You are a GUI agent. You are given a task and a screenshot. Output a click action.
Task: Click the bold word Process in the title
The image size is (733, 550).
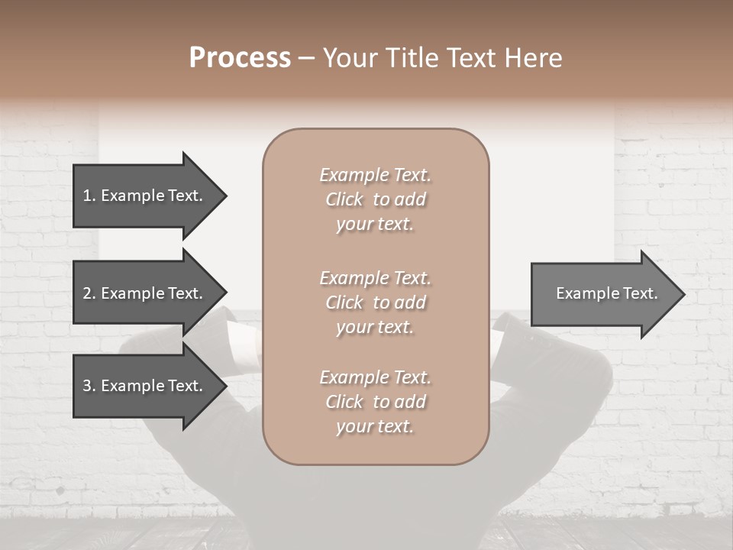pyautogui.click(x=240, y=58)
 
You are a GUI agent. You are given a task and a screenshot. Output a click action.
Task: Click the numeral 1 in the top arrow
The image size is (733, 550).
pyautogui.click(x=87, y=196)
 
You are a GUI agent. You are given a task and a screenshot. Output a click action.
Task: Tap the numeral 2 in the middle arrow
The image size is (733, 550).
pyautogui.click(x=87, y=293)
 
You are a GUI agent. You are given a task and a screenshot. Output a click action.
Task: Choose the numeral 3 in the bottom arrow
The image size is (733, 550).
pyautogui.click(x=87, y=386)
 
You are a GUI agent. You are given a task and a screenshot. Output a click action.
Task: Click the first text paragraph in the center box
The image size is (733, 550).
pyautogui.click(x=375, y=199)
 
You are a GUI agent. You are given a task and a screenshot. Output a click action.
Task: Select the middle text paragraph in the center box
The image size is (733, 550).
pyautogui.click(x=375, y=302)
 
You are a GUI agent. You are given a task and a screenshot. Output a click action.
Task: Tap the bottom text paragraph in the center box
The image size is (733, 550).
pyautogui.click(x=375, y=402)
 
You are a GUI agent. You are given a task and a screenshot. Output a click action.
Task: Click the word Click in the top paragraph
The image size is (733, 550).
pyautogui.click(x=344, y=199)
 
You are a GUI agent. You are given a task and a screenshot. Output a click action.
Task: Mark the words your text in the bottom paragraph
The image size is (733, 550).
pyautogui.click(x=375, y=426)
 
